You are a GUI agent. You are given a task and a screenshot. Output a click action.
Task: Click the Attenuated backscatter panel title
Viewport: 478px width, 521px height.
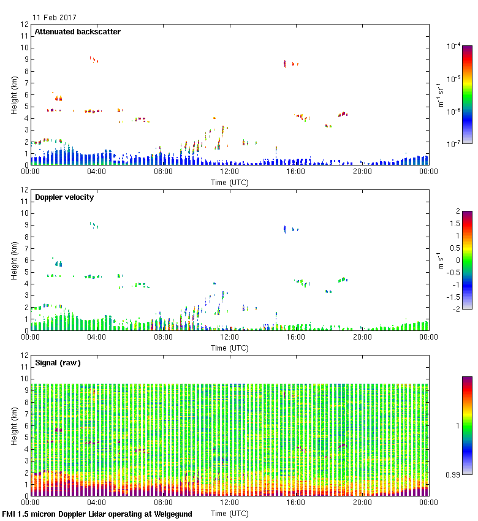pyautogui.click(x=77, y=32)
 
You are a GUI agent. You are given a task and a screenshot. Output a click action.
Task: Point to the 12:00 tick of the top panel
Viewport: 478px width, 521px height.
pyautogui.click(x=229, y=172)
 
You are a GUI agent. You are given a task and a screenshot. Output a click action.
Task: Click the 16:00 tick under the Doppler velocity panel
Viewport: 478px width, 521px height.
pyautogui.click(x=295, y=338)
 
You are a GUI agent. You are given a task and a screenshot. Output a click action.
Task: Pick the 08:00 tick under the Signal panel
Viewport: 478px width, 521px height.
pyautogui.click(x=163, y=503)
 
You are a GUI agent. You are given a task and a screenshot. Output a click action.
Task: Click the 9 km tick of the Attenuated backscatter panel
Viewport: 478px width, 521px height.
pyautogui.click(x=25, y=59)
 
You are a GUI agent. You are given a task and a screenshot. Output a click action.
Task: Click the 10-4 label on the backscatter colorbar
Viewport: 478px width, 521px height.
pyautogui.click(x=454, y=47)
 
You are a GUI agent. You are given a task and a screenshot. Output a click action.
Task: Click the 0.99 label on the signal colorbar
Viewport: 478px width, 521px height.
pyautogui.click(x=453, y=474)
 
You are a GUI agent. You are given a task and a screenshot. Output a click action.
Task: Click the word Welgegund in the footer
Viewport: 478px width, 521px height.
pyautogui.click(x=171, y=514)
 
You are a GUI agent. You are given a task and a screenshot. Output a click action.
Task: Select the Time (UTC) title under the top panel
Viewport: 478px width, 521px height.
pyautogui.click(x=229, y=182)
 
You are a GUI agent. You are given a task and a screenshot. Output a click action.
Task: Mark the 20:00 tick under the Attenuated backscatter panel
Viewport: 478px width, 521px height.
pyautogui.click(x=362, y=172)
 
